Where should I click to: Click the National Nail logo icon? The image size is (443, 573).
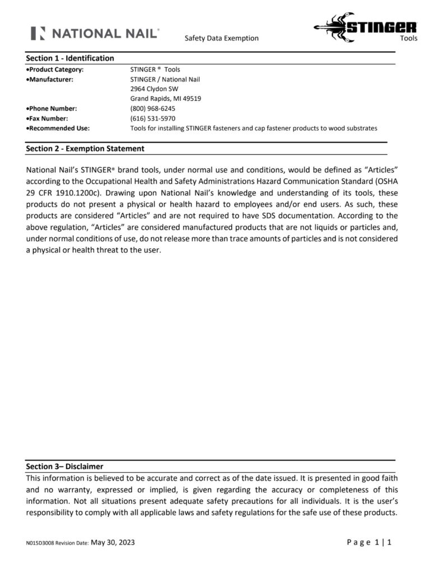[x=38, y=33]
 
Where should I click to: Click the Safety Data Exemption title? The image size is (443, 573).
[x=221, y=38]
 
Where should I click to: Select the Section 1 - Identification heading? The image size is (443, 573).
[x=70, y=58]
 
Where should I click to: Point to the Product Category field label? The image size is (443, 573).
[x=55, y=69]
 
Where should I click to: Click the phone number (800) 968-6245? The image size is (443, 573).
[x=152, y=109]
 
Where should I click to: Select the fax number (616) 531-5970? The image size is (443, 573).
[x=152, y=119]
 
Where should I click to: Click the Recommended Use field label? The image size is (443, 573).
[x=58, y=128]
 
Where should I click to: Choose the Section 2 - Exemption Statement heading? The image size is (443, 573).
[x=85, y=149]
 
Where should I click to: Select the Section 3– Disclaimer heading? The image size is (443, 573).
[x=64, y=466]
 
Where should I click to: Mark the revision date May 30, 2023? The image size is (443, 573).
[x=113, y=542]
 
